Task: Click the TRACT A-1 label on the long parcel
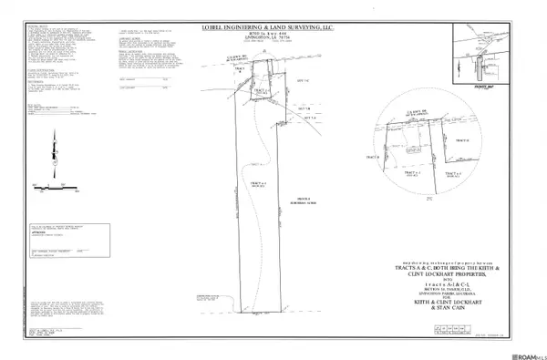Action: point(257,185)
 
